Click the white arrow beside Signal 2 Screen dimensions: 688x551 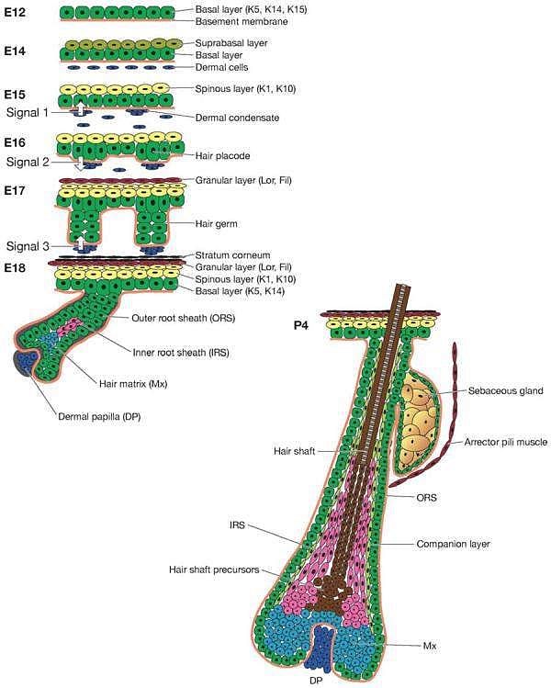[x=80, y=164]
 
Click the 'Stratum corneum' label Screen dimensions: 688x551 [x=231, y=255]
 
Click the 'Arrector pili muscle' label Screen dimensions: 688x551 [x=506, y=441]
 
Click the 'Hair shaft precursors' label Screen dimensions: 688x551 [x=212, y=570]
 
